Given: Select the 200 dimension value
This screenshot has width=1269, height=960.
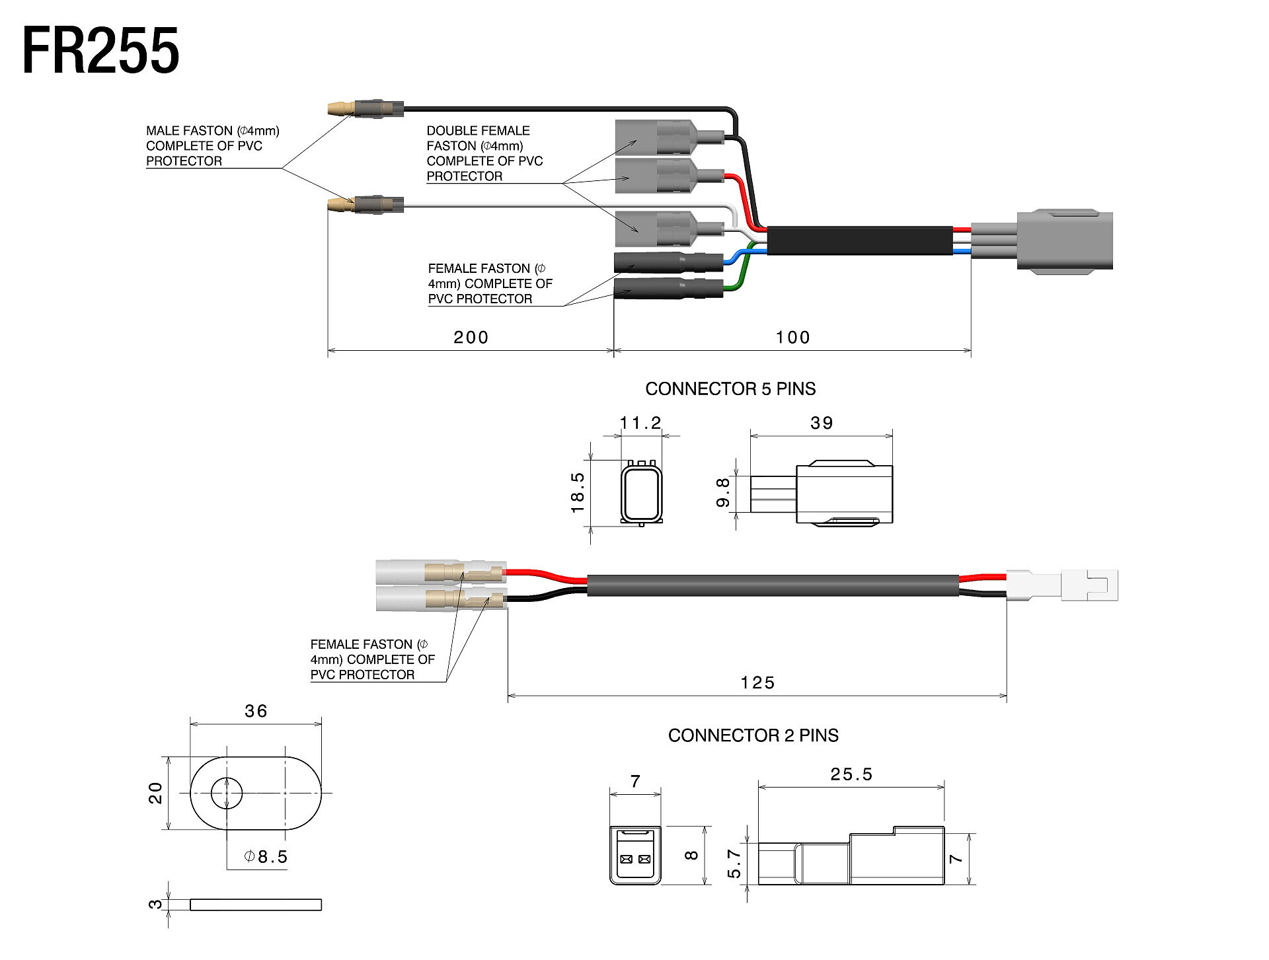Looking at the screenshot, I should coord(471,338).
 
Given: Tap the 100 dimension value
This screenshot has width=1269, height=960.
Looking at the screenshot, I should coord(792,338).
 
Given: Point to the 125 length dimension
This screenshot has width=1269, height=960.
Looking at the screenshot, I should coord(757,683).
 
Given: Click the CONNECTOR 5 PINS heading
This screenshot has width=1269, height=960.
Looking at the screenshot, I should coord(730,388).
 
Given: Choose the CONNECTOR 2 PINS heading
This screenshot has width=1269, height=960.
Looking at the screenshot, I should coord(753,735).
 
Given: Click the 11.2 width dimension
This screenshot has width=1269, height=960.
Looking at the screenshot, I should coord(640,423).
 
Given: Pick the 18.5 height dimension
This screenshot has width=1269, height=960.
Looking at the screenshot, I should coord(578,492).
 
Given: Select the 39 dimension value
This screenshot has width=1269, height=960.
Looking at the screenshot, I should coord(822,423).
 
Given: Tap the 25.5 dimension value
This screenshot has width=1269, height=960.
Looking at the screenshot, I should coord(851,774).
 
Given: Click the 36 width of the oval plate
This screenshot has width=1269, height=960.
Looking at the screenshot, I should coord(256,711).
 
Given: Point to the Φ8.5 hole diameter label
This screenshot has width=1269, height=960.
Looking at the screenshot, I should coord(266,857).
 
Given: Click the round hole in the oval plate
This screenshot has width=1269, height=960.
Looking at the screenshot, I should coord(227,792).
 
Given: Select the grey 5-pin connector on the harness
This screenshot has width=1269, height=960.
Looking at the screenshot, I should coord(1064,240).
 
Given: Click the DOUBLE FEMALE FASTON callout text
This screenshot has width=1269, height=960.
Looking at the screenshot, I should coord(484,153).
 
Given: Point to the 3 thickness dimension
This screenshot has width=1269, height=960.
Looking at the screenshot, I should coord(155,904).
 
